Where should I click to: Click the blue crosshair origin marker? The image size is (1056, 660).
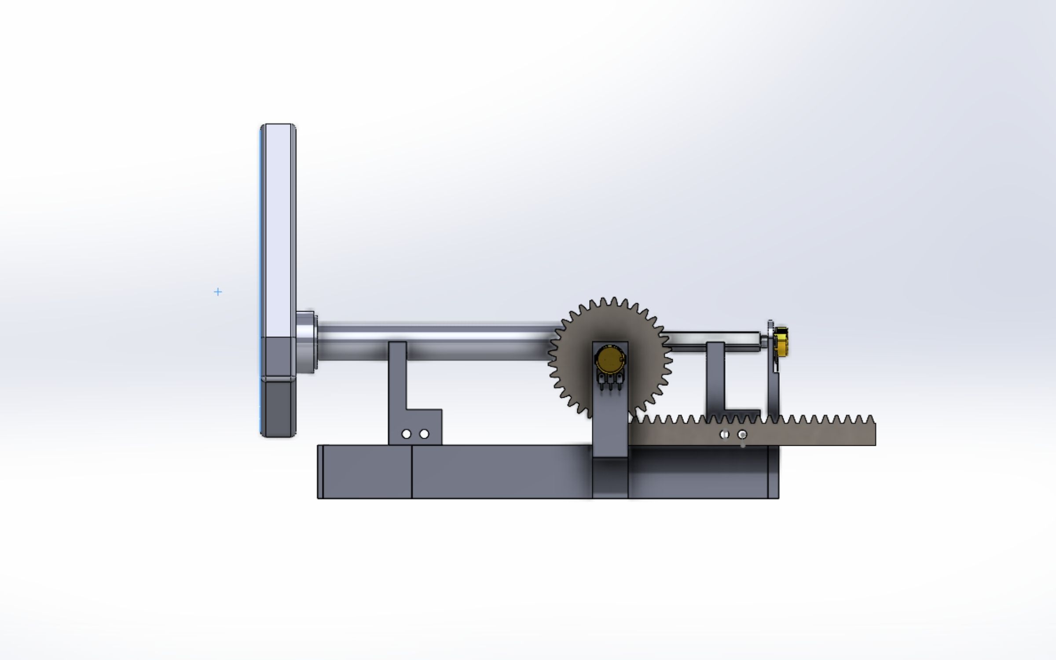[218, 292]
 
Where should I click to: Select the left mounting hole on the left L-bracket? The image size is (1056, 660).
[406, 434]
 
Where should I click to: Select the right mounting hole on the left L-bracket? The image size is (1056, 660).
[424, 434]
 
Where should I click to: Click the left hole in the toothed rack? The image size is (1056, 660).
[724, 435]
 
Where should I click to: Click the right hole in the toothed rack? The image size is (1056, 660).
[742, 435]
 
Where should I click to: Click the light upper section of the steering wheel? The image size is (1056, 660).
[278, 229]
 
